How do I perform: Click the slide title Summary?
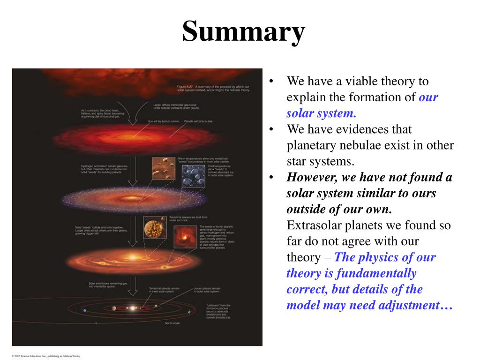tap(243, 32)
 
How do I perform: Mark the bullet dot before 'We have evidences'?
tap(271, 129)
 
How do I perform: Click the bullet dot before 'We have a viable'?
tap(271, 82)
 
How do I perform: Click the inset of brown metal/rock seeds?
tap(162, 168)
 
